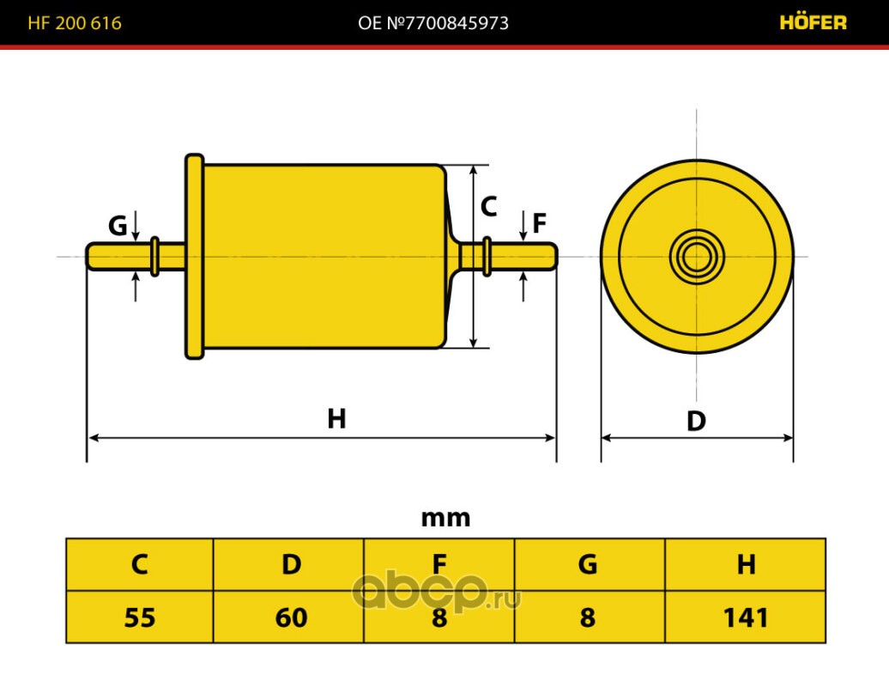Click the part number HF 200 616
[75, 22]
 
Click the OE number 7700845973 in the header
[433, 22]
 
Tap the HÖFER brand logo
[813, 22]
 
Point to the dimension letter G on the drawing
[118, 225]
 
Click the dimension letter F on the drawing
[539, 223]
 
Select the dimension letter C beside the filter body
[488, 206]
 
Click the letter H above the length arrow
[336, 419]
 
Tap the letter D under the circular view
[696, 421]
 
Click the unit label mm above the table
[445, 518]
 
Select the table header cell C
[140, 564]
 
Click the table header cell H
[745, 564]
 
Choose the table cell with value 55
[140, 617]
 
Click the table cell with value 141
[745, 617]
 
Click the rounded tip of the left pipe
[88, 256]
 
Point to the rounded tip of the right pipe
[555, 257]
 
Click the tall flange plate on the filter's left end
[195, 257]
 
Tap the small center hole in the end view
[696, 257]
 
